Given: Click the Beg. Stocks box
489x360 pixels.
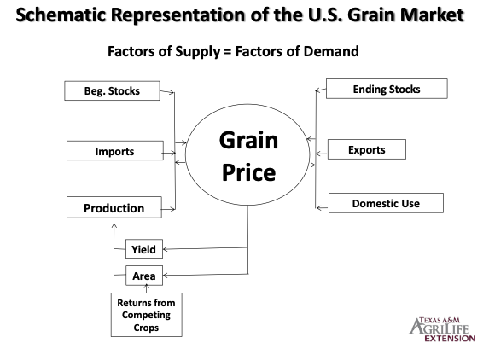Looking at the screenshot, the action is coord(113,90).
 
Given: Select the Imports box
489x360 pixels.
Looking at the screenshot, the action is coord(115,151).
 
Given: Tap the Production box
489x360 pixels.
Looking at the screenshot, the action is coord(114,207).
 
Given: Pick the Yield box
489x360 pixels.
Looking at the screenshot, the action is coord(144,249).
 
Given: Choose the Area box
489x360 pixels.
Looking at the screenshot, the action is coord(144,276).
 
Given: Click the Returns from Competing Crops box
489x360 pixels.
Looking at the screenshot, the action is coord(147,315).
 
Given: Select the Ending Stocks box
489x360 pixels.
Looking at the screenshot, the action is coord(387,89).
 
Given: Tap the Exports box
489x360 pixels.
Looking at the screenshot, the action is coord(367,149).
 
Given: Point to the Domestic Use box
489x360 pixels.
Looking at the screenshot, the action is coord(386,203).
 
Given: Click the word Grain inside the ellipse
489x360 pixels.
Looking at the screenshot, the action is coord(248,140).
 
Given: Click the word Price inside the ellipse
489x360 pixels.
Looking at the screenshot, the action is coord(249,172).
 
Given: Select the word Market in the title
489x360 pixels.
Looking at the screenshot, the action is coord(432,15).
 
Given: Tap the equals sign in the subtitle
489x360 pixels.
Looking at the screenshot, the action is coord(228,52).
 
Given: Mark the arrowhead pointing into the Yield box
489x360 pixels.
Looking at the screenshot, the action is coord(166,249).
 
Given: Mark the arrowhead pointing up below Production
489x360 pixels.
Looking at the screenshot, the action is coord(114,226).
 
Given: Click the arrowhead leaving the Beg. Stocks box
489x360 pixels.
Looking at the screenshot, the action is coord(172,92).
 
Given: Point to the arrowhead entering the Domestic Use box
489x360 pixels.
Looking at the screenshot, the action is coord(319,207).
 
